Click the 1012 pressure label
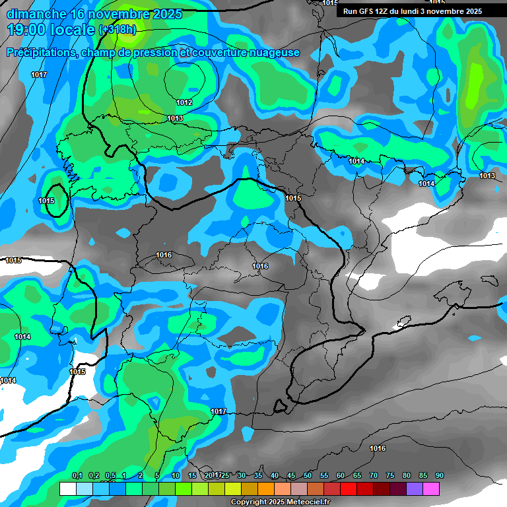[184, 102]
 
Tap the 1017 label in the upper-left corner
[39, 75]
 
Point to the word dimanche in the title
[36, 13]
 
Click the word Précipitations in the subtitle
[40, 53]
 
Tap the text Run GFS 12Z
[364, 11]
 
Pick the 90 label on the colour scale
[440, 475]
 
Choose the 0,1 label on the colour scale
[77, 475]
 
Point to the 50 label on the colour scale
[308, 475]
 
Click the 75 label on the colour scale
[390, 475]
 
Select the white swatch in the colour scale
[68, 489]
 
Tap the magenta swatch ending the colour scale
[431, 489]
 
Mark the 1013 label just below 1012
[175, 118]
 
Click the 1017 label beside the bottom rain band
[219, 411]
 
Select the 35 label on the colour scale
[258, 475]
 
